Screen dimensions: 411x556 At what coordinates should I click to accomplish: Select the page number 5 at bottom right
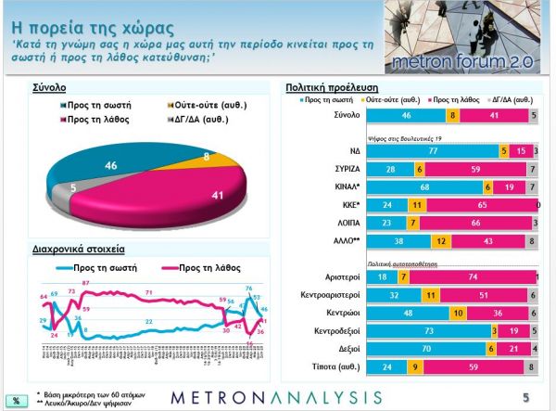pos(525,397)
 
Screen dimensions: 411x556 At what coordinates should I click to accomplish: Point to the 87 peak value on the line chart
pos(85,282)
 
